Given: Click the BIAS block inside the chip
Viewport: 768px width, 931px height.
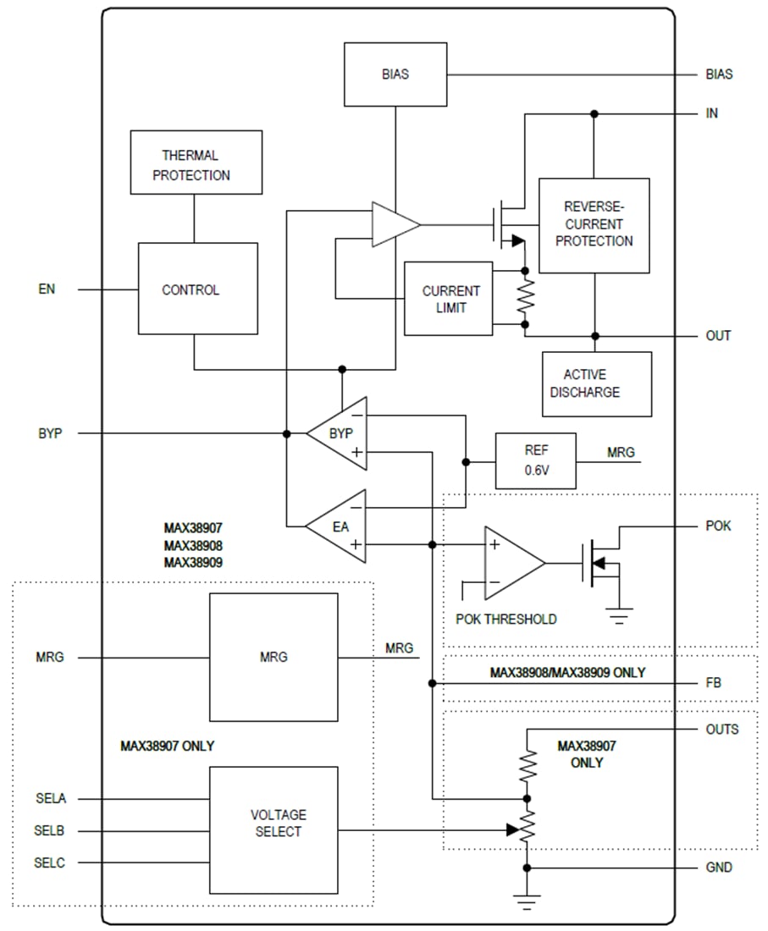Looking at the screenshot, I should pos(395,74).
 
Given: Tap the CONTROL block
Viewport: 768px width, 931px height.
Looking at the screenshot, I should pos(197,289).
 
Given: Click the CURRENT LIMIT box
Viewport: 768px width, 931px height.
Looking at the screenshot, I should pos(450,299).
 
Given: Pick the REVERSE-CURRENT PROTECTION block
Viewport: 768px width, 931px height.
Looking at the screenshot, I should pos(594,225).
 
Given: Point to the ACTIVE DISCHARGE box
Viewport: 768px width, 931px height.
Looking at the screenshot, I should pos(596,384).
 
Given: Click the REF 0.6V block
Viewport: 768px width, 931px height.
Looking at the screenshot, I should pos(535,460).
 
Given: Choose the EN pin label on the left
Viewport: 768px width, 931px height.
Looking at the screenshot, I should pos(47,289).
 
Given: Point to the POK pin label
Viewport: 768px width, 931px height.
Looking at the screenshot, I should pos(718,526).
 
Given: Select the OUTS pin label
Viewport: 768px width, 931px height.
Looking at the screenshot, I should pos(721,729).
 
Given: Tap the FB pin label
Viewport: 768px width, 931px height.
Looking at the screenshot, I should pos(714,682).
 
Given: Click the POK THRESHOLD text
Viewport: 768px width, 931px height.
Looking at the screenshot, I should pos(506,620).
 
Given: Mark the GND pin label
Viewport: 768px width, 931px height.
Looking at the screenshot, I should pos(719,868).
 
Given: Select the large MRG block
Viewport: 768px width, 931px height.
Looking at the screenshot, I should pos(273,657).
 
